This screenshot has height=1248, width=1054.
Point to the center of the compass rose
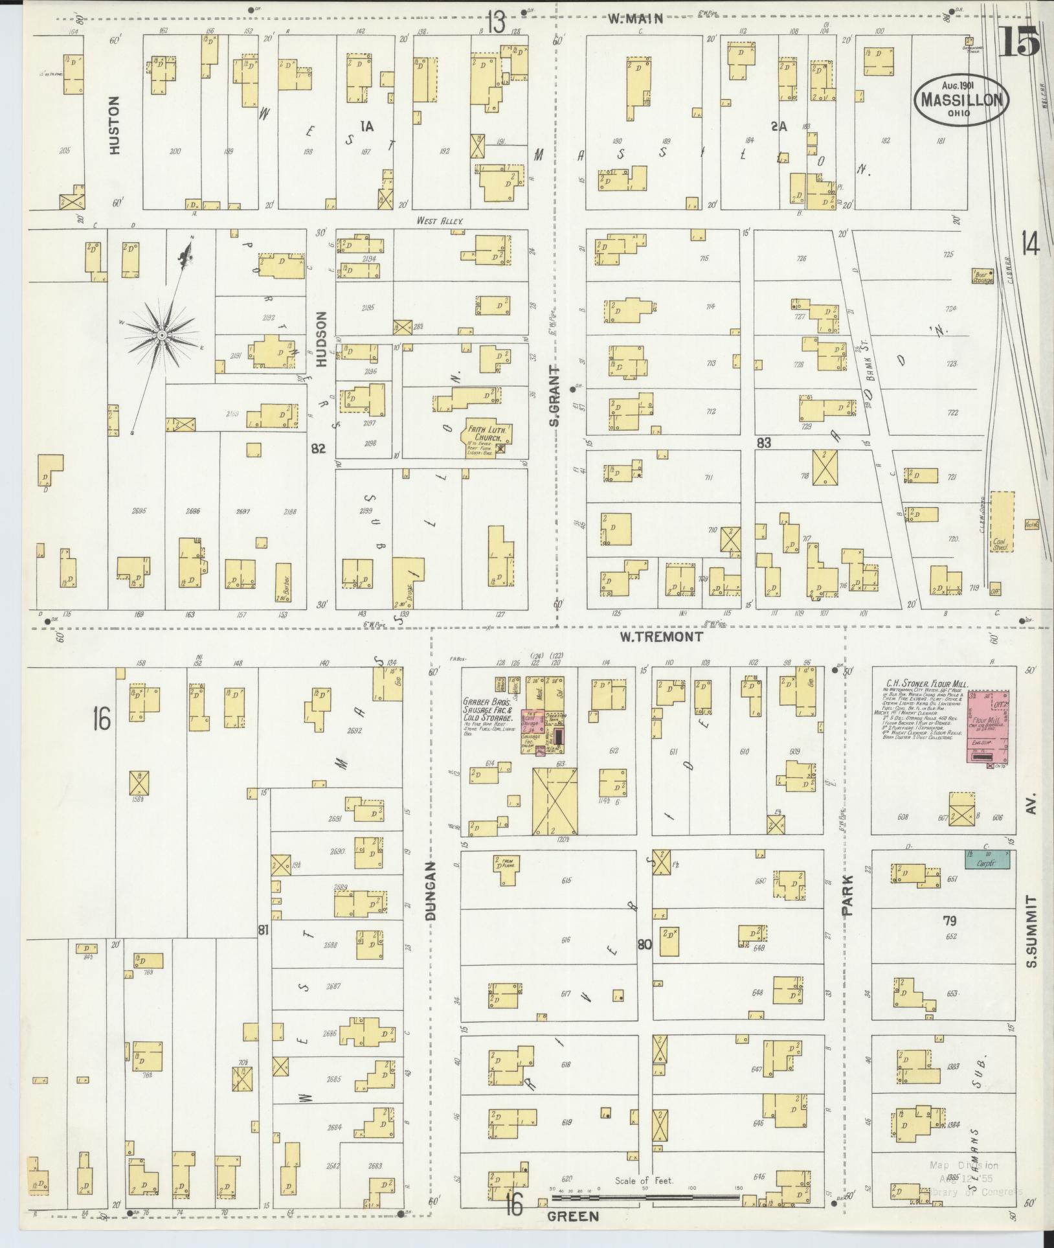point(161,335)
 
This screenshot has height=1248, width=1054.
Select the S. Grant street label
point(554,396)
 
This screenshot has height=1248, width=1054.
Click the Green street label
point(573,1216)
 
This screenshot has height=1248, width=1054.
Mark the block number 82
point(318,449)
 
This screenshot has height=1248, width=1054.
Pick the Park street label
point(848,895)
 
